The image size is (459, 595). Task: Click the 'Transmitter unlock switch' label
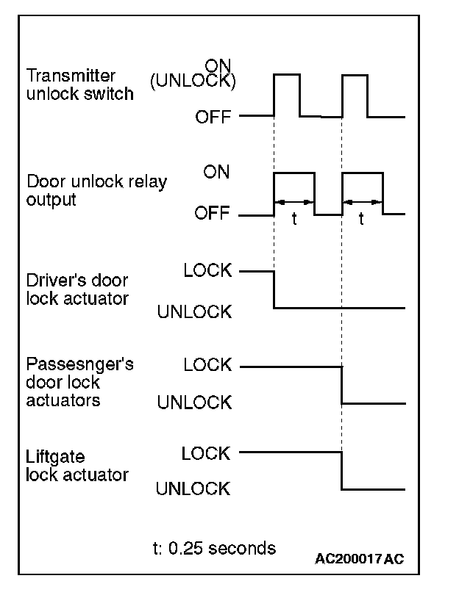[80, 84]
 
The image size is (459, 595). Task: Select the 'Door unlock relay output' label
[96, 190]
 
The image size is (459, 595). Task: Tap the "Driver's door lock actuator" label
[77, 290]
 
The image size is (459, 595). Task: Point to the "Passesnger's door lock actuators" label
[79, 383]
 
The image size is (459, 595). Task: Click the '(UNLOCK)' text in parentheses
[193, 82]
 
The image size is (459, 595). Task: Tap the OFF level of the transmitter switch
[213, 117]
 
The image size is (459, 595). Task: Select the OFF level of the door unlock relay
[213, 214]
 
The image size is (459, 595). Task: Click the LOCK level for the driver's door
[207, 270]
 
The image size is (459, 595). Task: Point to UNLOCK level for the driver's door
[195, 312]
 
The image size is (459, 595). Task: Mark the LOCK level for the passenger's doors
[207, 364]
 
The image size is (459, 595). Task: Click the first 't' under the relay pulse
[294, 220]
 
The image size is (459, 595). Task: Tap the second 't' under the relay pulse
[362, 220]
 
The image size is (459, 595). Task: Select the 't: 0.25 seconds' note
[213, 548]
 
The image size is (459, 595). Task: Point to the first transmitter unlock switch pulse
[287, 75]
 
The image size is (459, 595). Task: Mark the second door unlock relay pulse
[363, 173]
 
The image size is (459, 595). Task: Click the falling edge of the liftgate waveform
[342, 471]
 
